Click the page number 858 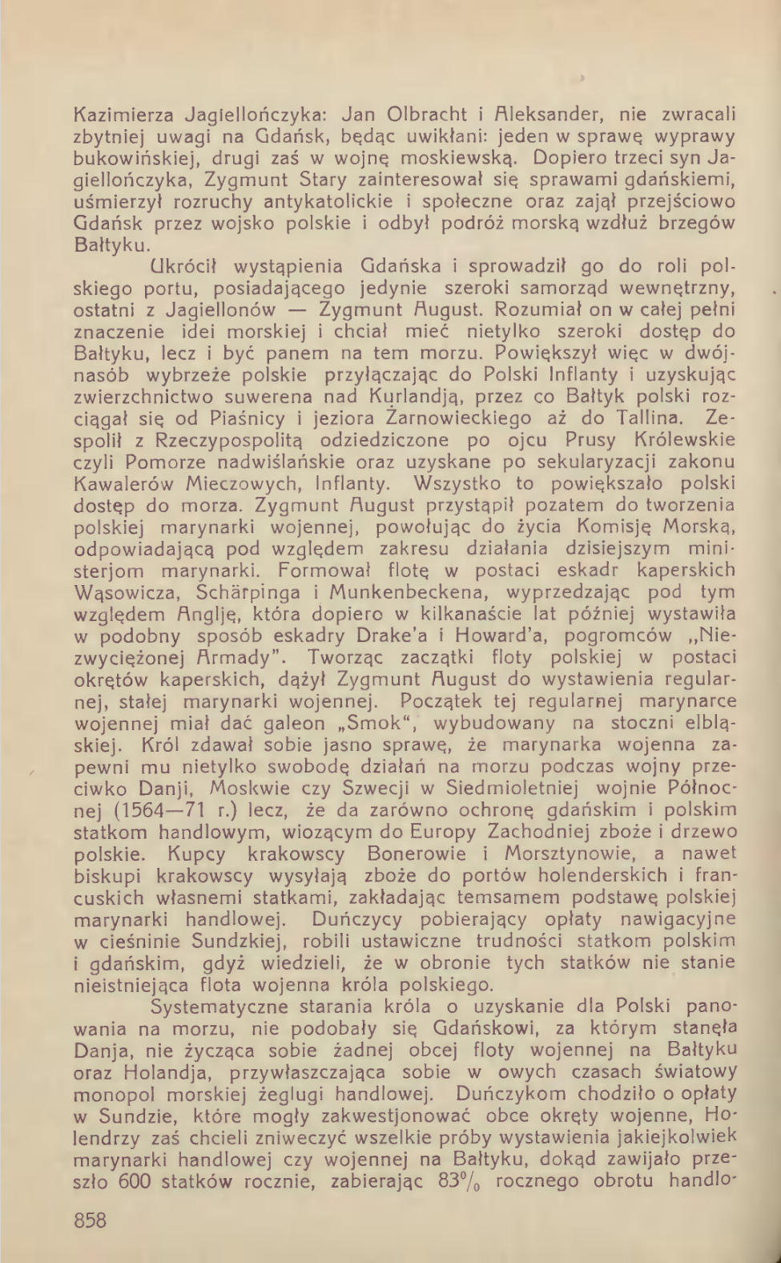click(x=90, y=1221)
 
